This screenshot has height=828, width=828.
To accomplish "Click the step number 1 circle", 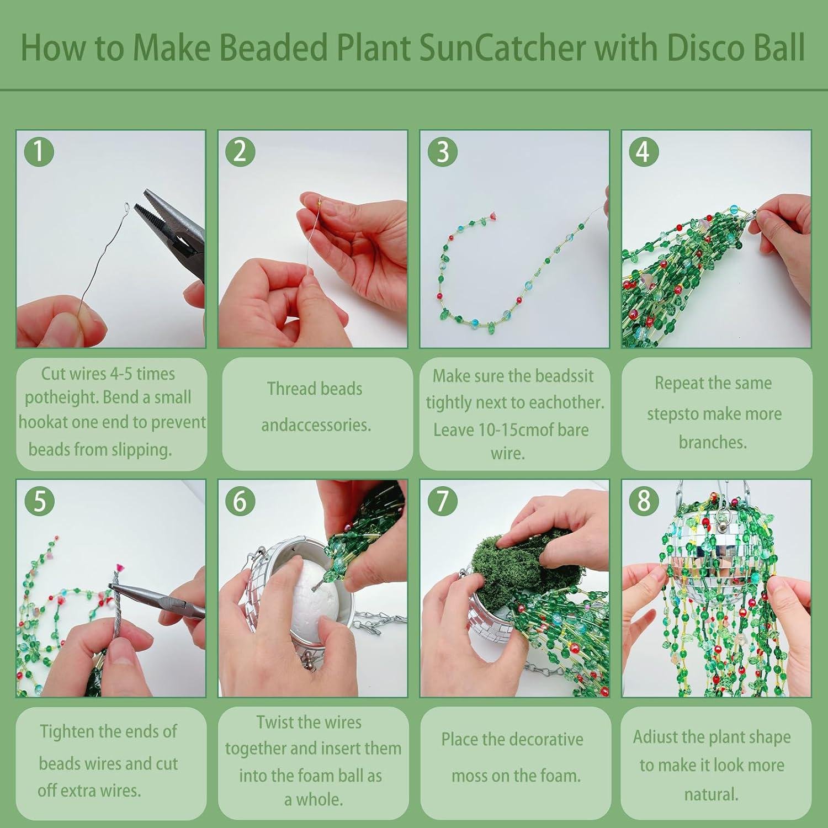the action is [x=39, y=151].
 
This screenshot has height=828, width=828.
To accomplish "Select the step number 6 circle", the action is [x=240, y=501].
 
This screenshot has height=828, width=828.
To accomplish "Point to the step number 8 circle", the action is [x=644, y=501].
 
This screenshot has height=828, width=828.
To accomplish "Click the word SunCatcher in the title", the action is [x=502, y=48].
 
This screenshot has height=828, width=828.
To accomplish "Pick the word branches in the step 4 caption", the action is [x=713, y=442].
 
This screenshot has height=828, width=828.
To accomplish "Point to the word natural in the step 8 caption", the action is [x=711, y=794].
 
